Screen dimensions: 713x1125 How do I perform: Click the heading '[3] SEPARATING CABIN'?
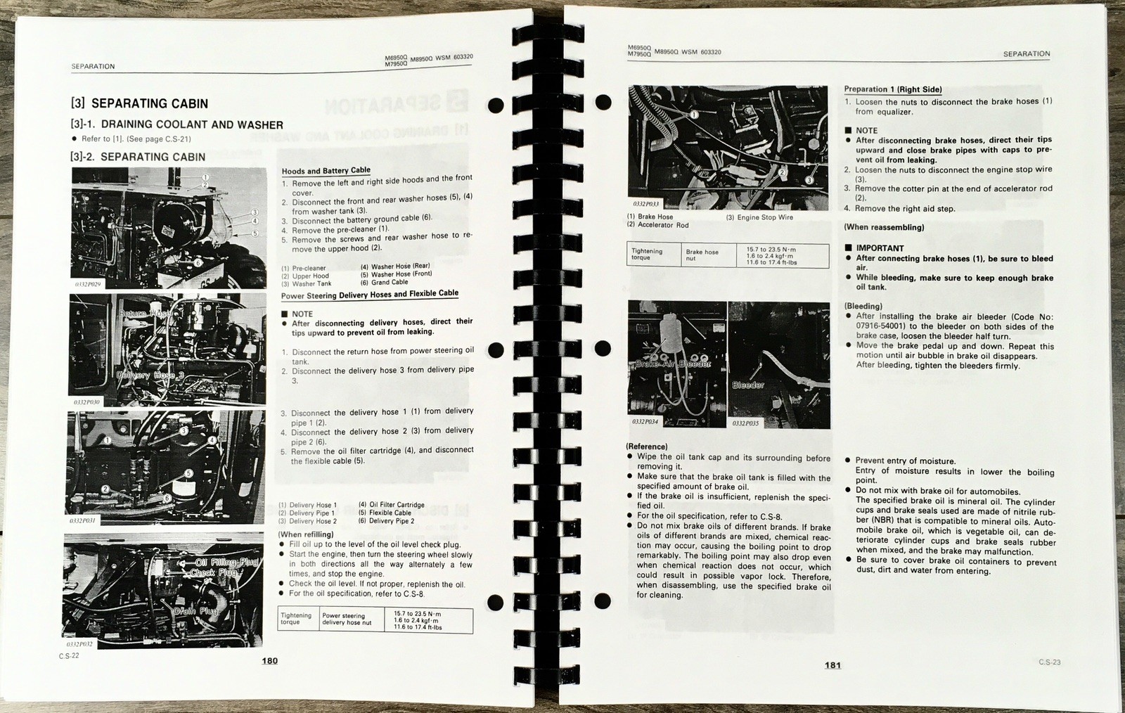click(x=139, y=104)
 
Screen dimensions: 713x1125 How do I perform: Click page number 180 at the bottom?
click(x=269, y=661)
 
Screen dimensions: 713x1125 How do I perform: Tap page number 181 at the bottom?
click(x=832, y=665)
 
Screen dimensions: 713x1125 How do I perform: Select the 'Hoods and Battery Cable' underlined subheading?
click(x=326, y=171)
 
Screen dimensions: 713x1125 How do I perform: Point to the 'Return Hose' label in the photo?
click(x=144, y=313)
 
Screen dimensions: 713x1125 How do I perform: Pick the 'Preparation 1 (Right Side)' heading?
click(x=892, y=89)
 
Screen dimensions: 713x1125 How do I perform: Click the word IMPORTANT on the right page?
click(x=880, y=248)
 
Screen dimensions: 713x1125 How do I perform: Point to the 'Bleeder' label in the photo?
click(x=748, y=385)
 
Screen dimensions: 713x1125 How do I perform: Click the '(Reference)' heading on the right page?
click(x=646, y=447)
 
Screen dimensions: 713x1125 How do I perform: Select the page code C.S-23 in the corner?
click(x=1049, y=662)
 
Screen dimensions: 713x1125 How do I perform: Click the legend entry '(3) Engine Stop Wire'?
click(x=759, y=218)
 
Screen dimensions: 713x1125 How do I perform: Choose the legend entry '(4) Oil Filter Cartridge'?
click(x=391, y=505)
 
